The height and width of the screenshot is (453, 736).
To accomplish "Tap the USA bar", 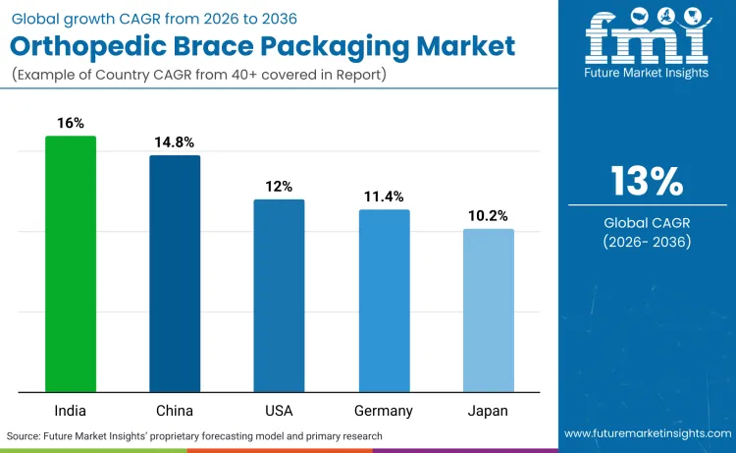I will (x=279, y=295).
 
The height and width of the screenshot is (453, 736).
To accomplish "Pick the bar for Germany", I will (x=384, y=300).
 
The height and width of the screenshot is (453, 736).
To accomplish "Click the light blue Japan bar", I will (x=488, y=310).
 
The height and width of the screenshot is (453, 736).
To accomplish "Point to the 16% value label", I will (x=71, y=123).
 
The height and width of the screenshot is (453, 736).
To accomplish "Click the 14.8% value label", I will (x=175, y=142).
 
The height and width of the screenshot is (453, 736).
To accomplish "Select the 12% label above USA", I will (x=279, y=187).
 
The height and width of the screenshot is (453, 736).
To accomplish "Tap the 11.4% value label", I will (x=384, y=197).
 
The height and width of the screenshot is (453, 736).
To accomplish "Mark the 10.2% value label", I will (x=488, y=216).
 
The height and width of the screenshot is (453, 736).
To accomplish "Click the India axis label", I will (x=71, y=410).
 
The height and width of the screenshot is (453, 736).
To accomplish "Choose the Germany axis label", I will (x=384, y=410).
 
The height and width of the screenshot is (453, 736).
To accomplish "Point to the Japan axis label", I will (x=488, y=410).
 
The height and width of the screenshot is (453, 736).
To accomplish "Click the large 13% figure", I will (x=647, y=181).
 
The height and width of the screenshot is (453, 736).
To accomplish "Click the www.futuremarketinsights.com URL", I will (x=647, y=433).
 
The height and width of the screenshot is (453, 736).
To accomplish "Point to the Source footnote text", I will (x=194, y=435).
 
